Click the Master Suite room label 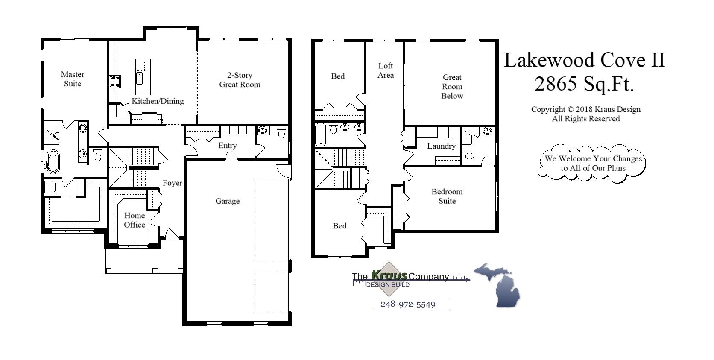click(72, 79)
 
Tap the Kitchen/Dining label click(158, 101)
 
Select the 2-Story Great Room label click(240, 80)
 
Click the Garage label click(227, 201)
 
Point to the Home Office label click(134, 220)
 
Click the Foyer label click(173, 183)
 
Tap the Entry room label click(227, 146)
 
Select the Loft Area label click(385, 70)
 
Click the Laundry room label click(441, 146)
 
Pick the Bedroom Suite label click(447, 196)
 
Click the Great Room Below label click(452, 87)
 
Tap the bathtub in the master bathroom click(53, 161)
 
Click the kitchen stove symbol click(115, 81)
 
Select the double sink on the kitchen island click(139, 78)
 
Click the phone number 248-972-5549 click(408, 304)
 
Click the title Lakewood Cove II click(584, 60)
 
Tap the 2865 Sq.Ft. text click(584, 85)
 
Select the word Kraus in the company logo click(389, 275)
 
